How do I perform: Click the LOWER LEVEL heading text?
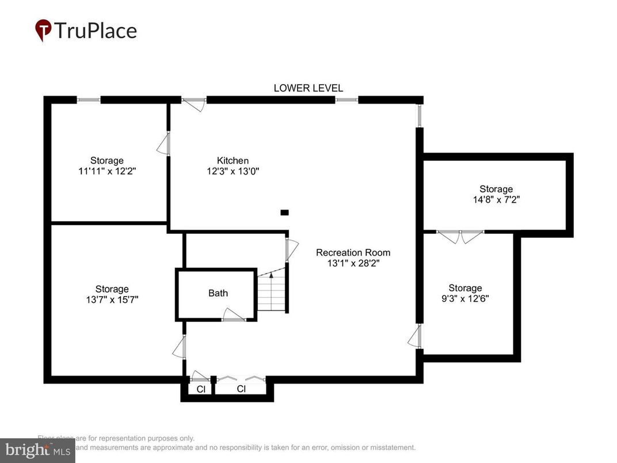click(308, 88)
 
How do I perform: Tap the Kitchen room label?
click(233, 161)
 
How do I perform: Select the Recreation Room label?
click(353, 252)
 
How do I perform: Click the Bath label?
click(218, 293)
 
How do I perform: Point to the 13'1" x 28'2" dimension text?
click(353, 263)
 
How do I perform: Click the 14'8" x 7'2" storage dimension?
click(496, 200)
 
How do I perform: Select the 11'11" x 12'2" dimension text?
click(106, 171)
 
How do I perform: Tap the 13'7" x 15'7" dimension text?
click(112, 299)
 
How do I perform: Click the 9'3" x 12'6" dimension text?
click(465, 298)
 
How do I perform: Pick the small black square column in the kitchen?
click(284, 212)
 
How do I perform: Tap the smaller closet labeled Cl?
click(201, 389)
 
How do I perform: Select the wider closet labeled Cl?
click(241, 389)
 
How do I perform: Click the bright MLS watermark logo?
click(37, 449)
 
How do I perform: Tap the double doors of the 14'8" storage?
click(460, 235)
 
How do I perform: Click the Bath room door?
click(234, 315)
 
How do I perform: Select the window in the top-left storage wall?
click(89, 100)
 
